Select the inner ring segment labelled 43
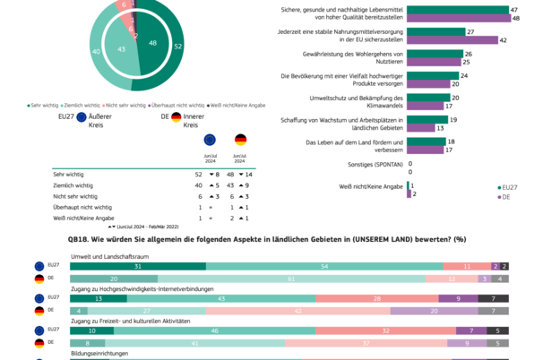[x=123, y=51]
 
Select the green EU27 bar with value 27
[x=435, y=31]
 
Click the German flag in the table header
[x=241, y=140]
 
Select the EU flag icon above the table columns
[x=210, y=140]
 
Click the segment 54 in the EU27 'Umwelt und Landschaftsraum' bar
[x=323, y=266]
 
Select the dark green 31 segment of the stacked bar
[x=138, y=266]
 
